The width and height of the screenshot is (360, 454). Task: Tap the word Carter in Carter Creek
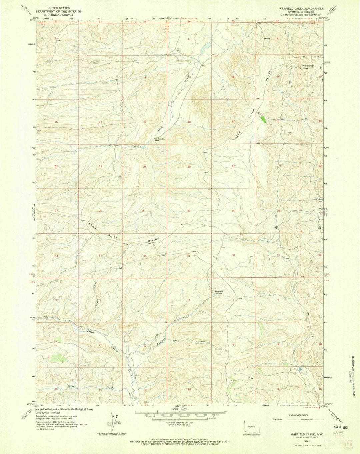click(x=72, y=386)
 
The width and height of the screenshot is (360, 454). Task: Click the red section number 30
click(x=189, y=211)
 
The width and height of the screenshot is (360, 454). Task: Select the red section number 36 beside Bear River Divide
click(x=144, y=256)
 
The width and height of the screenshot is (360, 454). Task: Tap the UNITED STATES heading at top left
click(x=57, y=7)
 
